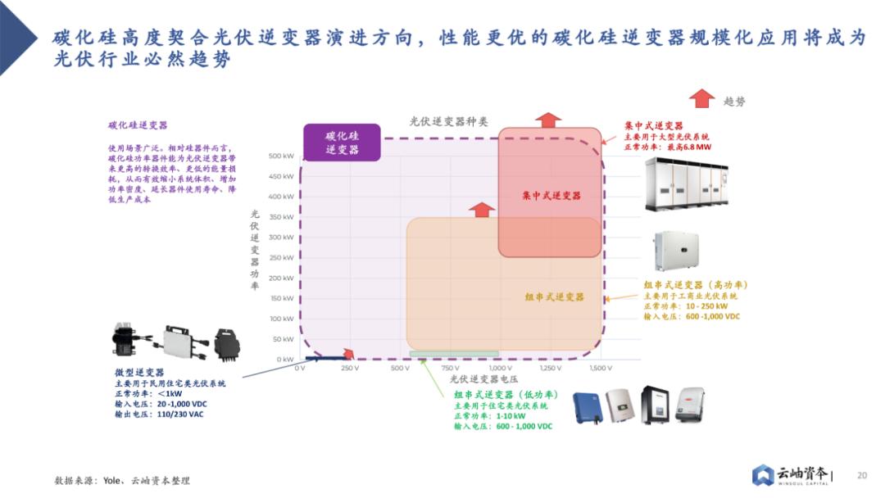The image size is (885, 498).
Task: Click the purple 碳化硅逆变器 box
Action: [342, 142]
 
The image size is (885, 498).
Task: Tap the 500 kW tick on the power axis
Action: [281, 156]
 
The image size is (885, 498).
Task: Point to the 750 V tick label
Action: [450, 369]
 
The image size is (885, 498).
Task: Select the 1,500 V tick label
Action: [601, 369]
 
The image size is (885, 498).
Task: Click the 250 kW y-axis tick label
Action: [281, 258]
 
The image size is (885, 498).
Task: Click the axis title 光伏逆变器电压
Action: [484, 379]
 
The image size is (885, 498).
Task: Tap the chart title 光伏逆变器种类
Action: [448, 121]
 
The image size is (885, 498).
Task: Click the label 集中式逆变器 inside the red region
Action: [551, 196]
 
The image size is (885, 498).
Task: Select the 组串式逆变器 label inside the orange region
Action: [555, 297]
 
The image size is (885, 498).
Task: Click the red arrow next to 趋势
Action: [701, 99]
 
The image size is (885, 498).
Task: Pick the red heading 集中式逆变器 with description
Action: [653, 125]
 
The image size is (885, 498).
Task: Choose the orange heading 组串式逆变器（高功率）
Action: [695, 285]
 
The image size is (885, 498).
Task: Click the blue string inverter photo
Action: [587, 406]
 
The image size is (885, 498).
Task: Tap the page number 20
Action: [861, 475]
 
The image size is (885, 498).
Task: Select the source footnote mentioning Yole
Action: [122, 481]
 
